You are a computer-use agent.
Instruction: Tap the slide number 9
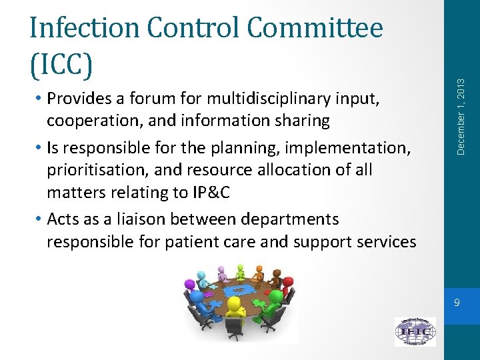pos(456,303)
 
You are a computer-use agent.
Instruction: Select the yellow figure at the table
pos(235,311)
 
